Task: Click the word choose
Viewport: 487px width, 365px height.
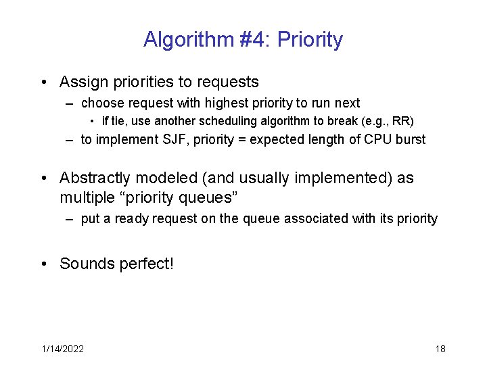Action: [x=101, y=103]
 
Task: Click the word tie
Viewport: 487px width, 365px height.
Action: [x=118, y=122]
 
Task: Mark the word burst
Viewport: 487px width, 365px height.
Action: [x=409, y=140]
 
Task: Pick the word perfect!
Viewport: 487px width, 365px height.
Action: [x=146, y=264]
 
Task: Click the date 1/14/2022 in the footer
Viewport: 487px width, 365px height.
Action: [x=62, y=349]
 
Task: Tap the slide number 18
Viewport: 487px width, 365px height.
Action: [x=440, y=349]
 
